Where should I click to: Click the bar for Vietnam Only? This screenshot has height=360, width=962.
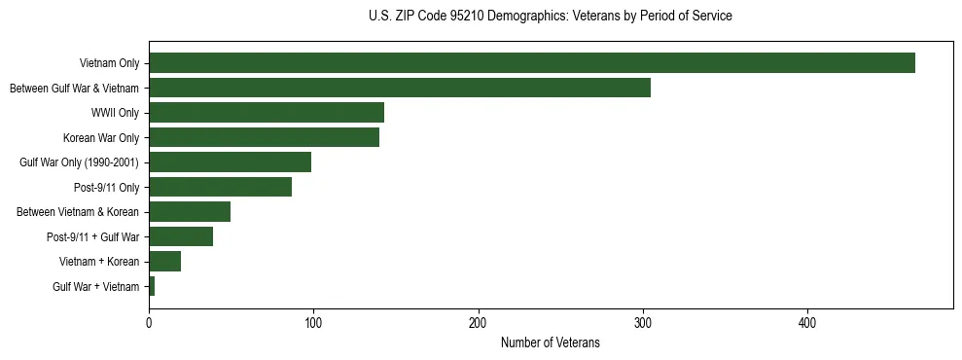[x=531, y=63]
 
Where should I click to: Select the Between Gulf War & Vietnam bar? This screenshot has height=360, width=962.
[x=399, y=88]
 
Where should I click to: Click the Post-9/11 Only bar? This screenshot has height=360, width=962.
[x=220, y=187]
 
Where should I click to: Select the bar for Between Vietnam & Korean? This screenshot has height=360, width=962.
[x=190, y=212]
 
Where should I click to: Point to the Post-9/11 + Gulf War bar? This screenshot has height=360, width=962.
[x=181, y=236]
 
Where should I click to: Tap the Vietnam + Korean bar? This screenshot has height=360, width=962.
[x=164, y=262]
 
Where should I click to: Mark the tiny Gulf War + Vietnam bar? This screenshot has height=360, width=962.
[x=152, y=286]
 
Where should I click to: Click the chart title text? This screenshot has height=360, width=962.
[x=551, y=16]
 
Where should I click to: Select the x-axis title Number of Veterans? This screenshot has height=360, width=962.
[x=550, y=343]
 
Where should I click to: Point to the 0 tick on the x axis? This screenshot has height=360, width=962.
[x=149, y=323]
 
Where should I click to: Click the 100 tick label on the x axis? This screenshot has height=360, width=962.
[x=313, y=323]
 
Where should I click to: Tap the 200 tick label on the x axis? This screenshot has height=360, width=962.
[x=478, y=323]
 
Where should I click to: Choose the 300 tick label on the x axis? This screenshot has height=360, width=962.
[x=642, y=323]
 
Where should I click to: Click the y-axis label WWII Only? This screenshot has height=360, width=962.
[x=115, y=113]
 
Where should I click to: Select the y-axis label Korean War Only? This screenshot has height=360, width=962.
[x=101, y=137]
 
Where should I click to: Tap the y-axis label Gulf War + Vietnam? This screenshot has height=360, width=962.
[x=95, y=286]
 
